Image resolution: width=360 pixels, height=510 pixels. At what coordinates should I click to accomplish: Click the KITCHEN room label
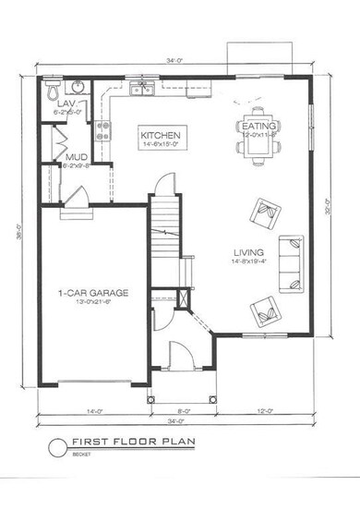coord(160,136)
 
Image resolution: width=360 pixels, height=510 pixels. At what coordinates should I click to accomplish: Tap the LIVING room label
coord(249,251)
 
